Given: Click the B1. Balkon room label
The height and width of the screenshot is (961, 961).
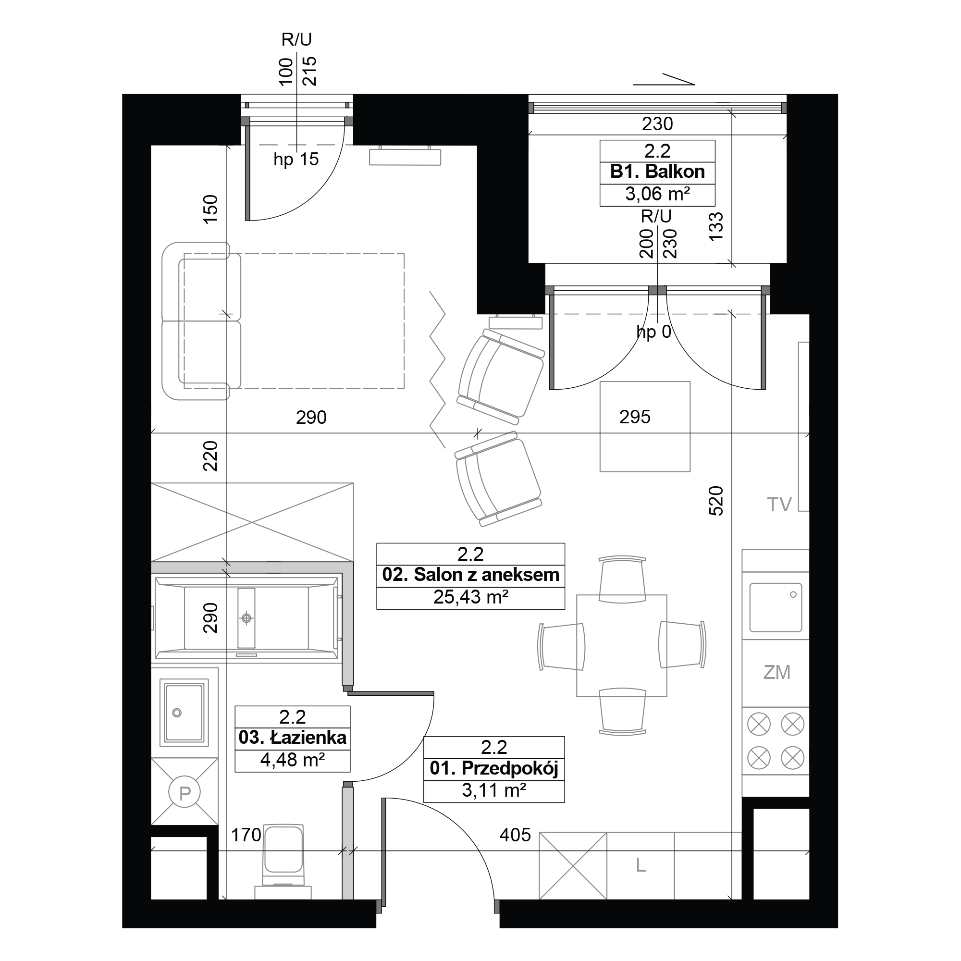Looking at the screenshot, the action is (657, 172).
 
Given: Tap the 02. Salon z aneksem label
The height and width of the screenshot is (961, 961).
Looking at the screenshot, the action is (470, 575).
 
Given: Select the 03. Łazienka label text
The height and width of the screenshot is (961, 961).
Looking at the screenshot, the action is (293, 737).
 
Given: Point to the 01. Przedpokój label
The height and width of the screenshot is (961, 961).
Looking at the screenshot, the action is (494, 768).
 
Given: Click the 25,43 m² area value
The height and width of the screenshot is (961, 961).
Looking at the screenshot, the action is (470, 597).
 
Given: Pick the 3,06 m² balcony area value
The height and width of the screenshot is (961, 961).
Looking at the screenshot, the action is (657, 194).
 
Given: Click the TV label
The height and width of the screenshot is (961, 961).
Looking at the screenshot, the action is (779, 505).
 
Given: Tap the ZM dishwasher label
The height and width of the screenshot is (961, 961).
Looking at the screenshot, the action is (776, 673).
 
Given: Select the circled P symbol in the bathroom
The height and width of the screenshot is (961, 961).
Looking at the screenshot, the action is (185, 793).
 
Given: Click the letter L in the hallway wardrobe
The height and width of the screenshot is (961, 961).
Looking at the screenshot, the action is (641, 866).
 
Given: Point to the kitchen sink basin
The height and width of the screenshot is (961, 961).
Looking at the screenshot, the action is (776, 607).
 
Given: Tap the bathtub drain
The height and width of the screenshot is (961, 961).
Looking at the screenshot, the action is (246, 618).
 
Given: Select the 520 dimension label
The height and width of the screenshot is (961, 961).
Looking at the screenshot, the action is (716, 500).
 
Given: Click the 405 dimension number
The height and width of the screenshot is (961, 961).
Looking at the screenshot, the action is (515, 835).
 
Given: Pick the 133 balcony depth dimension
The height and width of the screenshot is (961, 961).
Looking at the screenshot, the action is (716, 227).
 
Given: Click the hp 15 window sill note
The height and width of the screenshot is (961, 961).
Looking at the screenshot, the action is (296, 159).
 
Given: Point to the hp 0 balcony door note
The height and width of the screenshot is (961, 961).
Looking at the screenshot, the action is (654, 332).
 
